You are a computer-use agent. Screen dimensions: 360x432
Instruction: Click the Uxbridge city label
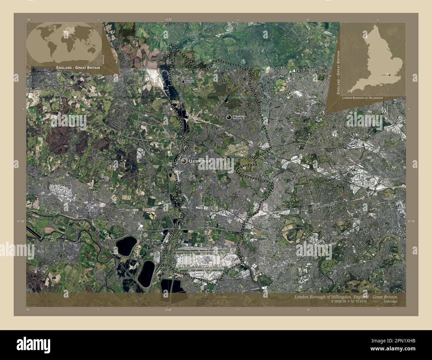coord(200,161)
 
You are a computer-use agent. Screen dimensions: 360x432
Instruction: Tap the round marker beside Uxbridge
coord(184,161)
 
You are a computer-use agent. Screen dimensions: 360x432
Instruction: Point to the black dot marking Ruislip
coord(229,117)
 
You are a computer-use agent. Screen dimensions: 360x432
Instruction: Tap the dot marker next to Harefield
coord(183,81)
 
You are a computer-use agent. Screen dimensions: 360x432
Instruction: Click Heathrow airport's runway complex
coord(206,259)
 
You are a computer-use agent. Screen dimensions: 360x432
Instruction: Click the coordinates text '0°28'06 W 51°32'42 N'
coord(349,302)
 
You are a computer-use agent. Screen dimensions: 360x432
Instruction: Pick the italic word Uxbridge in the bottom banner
coord(389,302)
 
